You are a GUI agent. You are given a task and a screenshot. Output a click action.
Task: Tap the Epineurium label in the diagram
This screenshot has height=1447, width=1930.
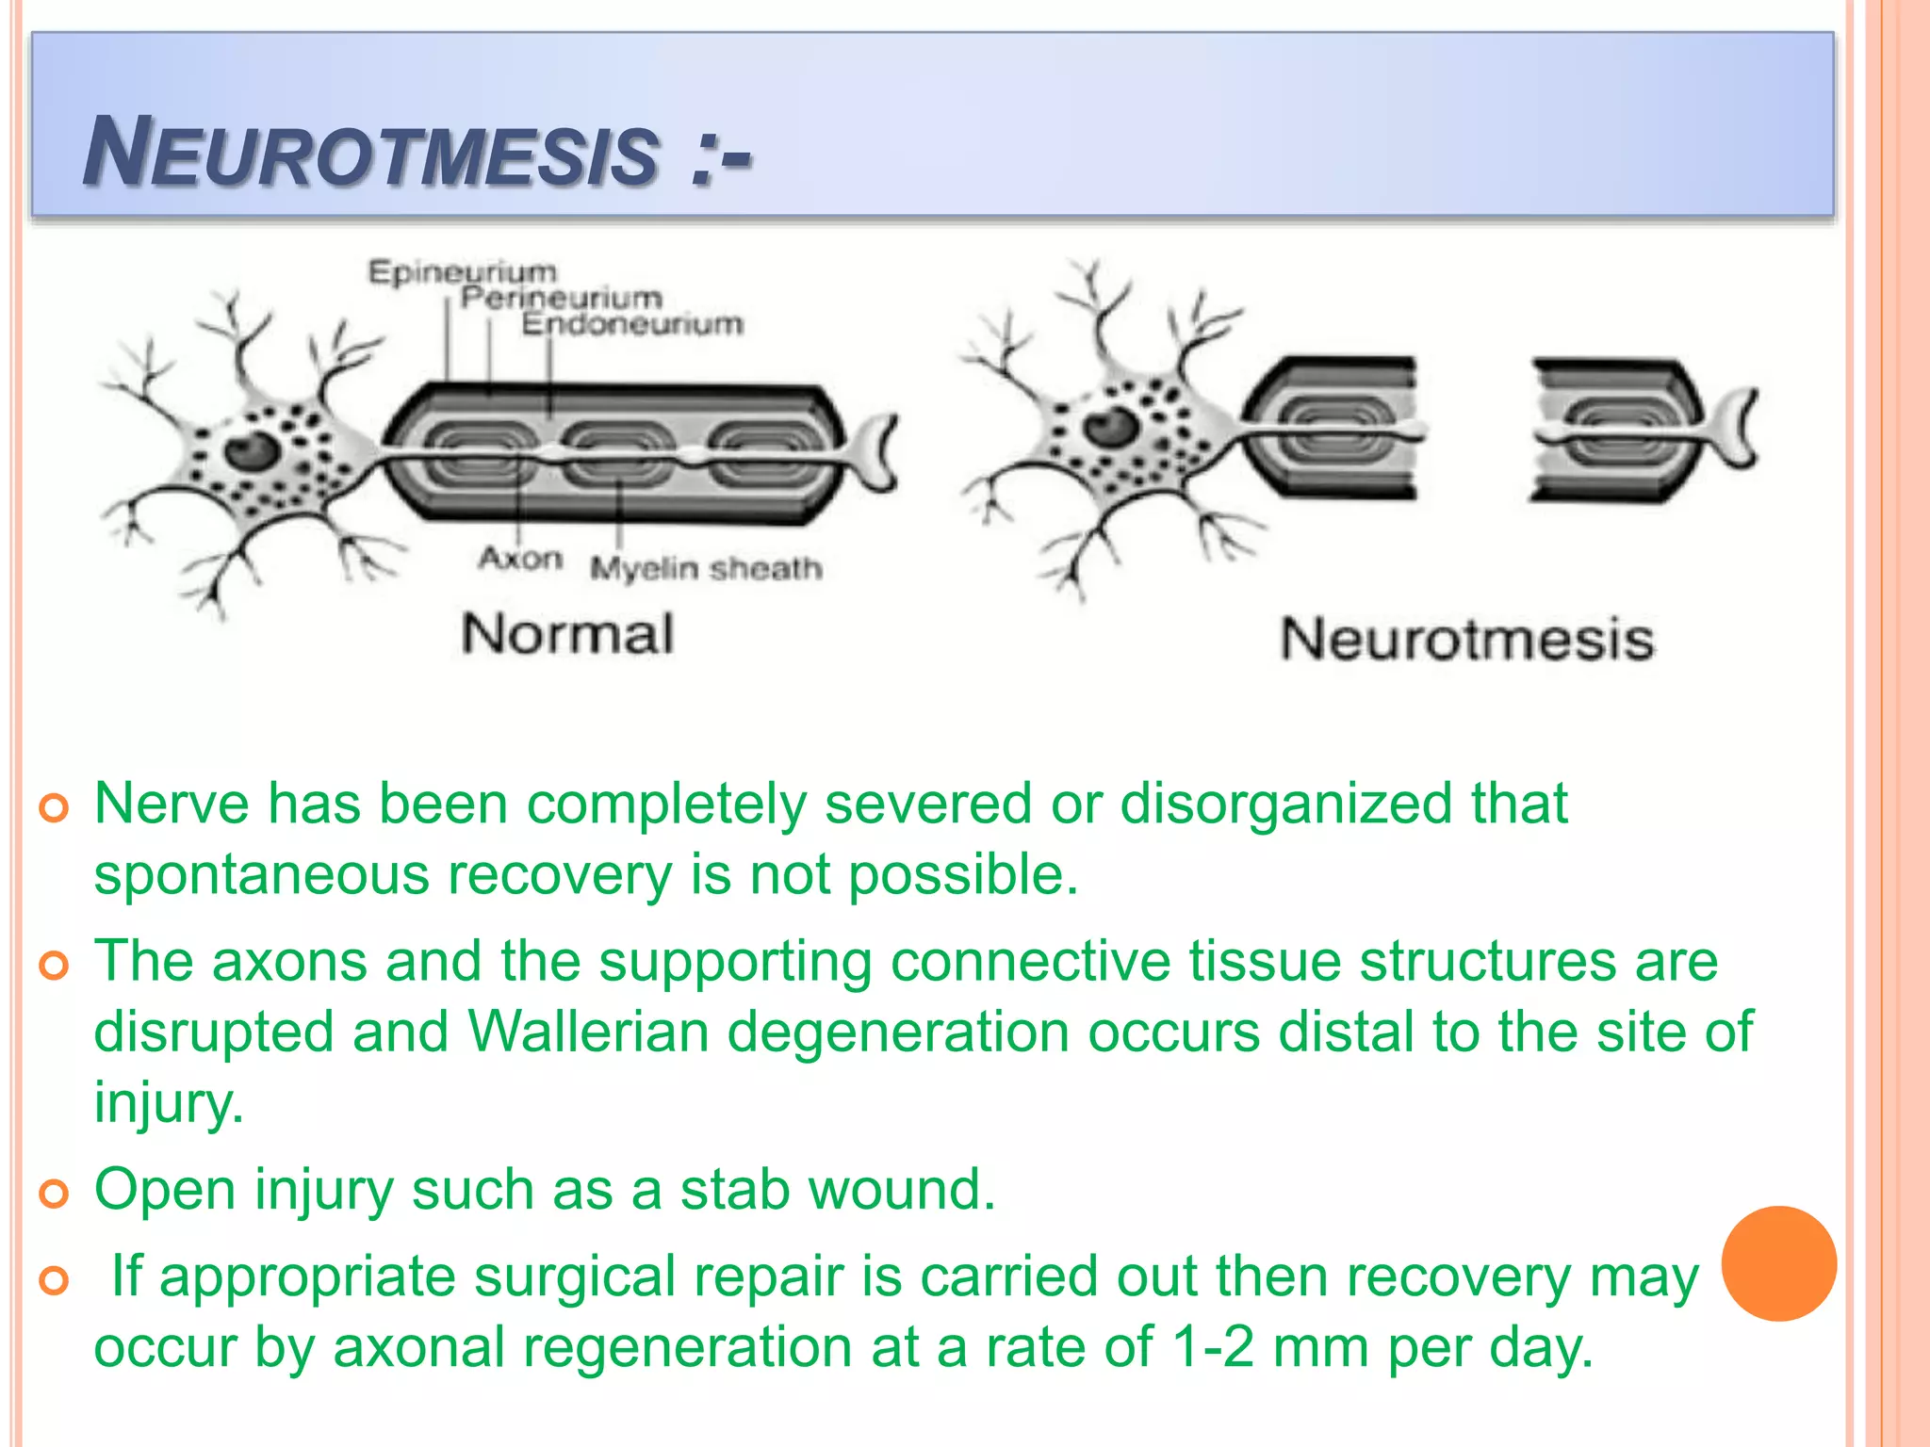(x=462, y=272)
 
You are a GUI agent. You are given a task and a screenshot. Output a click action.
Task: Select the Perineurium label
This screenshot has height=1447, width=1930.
(x=562, y=298)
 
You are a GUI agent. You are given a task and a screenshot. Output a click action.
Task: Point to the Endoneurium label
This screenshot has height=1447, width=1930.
(x=632, y=324)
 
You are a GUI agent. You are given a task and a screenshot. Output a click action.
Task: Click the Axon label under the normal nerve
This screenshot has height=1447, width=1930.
(x=520, y=559)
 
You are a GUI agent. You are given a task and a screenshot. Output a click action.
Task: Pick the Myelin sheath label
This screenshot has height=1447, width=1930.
(x=706, y=568)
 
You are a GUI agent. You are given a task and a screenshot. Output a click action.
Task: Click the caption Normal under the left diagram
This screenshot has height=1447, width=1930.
(x=567, y=634)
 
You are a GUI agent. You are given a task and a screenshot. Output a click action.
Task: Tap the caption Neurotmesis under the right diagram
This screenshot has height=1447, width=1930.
(x=1466, y=640)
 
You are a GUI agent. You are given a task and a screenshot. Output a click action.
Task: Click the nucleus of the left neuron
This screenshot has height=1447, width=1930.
(x=251, y=450)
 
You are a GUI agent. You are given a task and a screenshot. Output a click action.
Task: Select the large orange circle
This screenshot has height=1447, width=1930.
(x=1778, y=1263)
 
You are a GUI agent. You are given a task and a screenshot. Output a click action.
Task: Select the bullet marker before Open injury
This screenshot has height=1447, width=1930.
(x=55, y=1194)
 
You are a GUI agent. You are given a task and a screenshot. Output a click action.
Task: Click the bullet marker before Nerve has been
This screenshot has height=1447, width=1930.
(x=55, y=808)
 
